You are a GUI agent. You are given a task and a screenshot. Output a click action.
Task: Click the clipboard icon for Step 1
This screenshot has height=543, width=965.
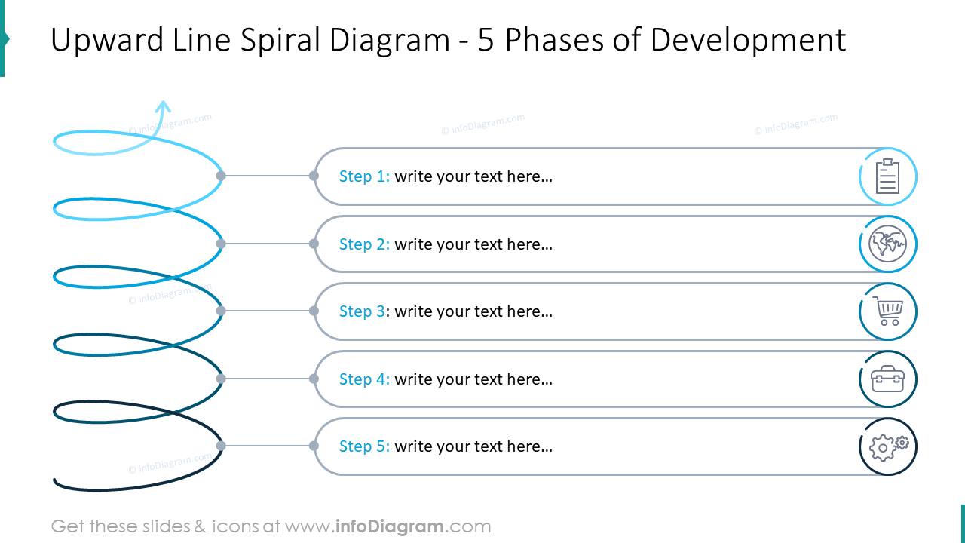point(887,176)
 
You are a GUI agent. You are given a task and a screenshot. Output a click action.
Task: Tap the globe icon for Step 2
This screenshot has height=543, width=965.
point(887,244)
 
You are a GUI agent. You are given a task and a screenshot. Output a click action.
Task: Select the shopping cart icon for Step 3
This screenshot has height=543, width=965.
point(888,311)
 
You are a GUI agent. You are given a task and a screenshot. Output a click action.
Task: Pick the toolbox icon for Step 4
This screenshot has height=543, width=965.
point(887,379)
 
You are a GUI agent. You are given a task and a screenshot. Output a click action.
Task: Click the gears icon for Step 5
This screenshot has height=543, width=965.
point(888,447)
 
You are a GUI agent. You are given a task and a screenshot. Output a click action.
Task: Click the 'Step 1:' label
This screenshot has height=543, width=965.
point(364,176)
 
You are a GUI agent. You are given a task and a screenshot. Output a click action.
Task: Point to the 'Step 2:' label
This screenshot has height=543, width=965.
point(364,244)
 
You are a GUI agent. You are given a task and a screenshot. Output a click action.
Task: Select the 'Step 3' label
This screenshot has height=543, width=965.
point(362,311)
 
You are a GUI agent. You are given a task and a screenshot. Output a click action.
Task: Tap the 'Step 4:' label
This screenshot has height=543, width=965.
point(364,379)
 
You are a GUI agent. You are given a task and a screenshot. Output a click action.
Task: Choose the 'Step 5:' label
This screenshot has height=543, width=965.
point(364,446)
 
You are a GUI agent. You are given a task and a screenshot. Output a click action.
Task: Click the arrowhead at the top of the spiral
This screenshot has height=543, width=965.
point(163,106)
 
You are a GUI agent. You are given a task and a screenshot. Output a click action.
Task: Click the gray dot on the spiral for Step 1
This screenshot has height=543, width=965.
point(221,176)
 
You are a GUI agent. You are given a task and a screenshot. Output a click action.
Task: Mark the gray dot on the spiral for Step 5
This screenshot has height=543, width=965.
point(221,446)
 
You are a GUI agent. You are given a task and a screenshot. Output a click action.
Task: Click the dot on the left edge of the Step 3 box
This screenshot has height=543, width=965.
point(314,311)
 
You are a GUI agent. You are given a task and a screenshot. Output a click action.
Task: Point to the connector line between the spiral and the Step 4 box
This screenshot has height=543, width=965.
point(267,379)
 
